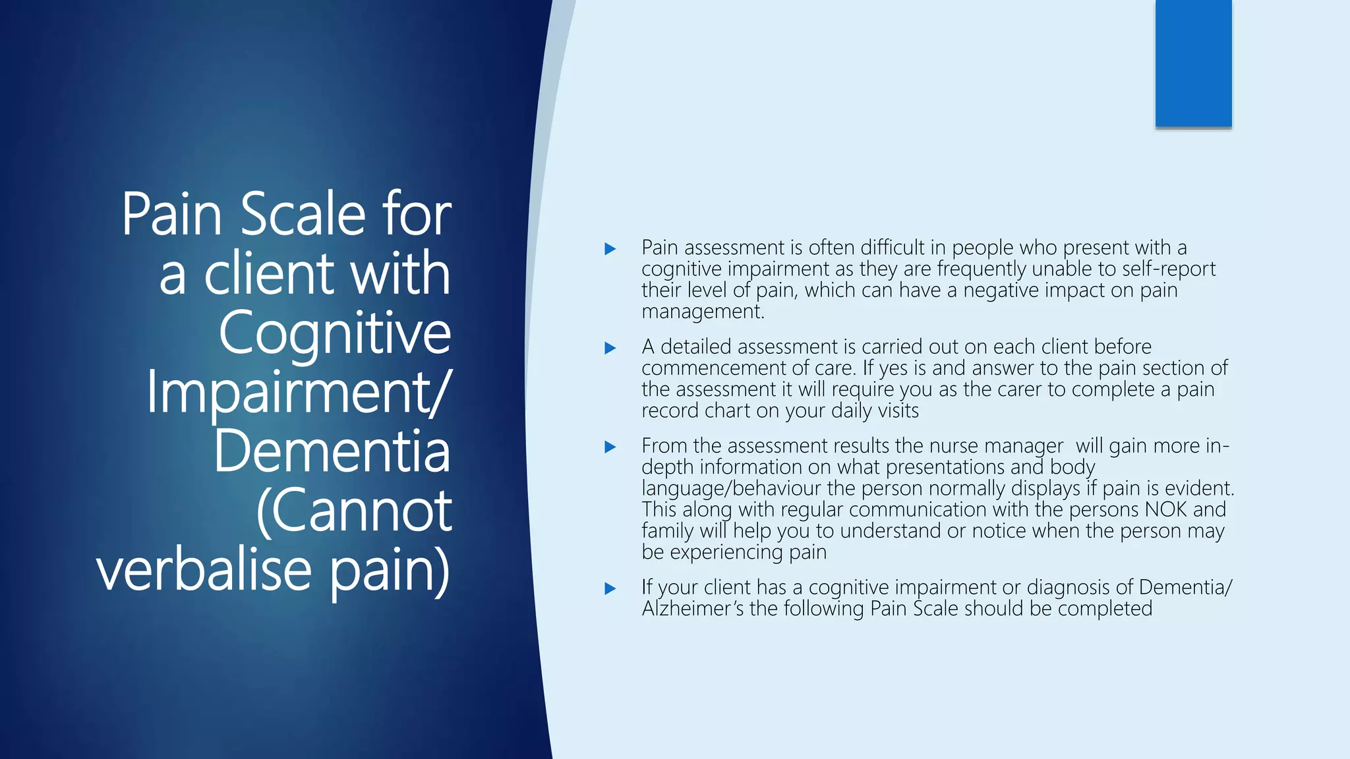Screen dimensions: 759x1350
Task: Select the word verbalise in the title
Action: point(204,570)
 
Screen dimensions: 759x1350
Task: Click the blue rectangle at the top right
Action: point(1193,63)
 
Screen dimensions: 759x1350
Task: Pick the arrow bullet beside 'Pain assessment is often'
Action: point(610,249)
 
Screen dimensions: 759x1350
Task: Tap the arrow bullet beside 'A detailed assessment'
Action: point(610,348)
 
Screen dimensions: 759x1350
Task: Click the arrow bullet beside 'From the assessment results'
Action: point(610,447)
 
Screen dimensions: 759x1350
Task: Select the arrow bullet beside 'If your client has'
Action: point(610,588)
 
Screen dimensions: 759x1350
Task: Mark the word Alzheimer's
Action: point(693,609)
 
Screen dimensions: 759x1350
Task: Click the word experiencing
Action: point(726,552)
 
